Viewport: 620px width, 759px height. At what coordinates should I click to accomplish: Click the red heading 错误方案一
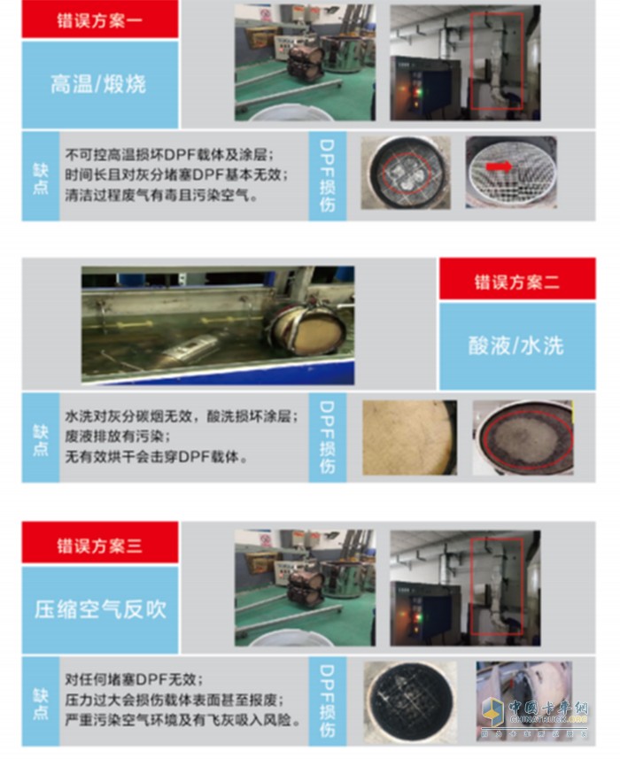click(x=99, y=19)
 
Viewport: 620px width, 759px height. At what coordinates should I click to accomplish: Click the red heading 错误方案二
click(x=516, y=282)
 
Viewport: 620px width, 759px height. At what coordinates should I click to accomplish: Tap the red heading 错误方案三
click(x=99, y=545)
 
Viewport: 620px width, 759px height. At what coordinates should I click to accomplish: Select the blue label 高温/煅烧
click(x=99, y=84)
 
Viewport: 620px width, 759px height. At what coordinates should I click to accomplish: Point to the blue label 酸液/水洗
click(x=516, y=345)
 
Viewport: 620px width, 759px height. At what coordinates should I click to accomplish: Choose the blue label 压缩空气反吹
click(x=99, y=609)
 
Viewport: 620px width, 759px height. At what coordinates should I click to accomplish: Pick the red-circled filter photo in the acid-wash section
click(x=522, y=438)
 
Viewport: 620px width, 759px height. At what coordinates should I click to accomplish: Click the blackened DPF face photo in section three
click(x=407, y=701)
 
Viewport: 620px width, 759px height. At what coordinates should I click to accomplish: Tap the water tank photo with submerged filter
click(x=218, y=325)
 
